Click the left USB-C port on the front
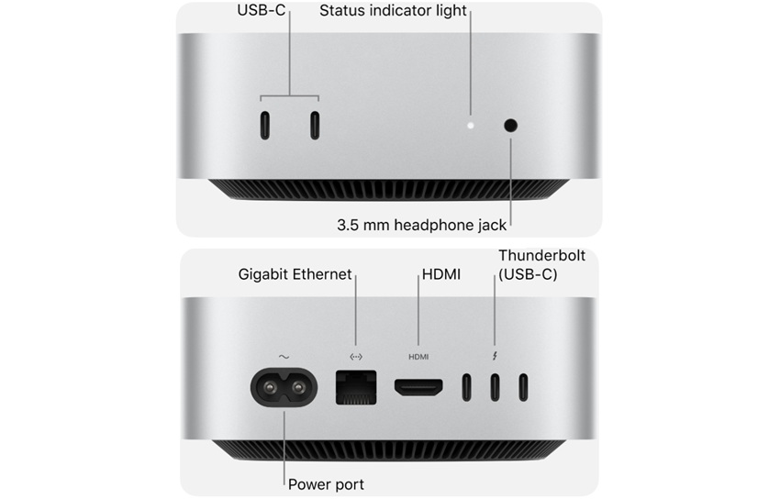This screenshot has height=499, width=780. click(264, 126)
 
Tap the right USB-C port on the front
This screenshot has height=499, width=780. click(315, 126)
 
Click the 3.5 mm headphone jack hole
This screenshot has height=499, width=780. click(510, 126)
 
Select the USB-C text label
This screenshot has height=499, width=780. click(262, 11)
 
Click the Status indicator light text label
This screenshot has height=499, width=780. click(393, 11)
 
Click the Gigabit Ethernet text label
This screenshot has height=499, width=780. click(295, 274)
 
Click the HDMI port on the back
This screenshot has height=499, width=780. click(418, 388)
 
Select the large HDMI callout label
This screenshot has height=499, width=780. click(440, 274)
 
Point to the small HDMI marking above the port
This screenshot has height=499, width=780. click(418, 357)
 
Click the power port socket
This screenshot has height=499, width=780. click(284, 387)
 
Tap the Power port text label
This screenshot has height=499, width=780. click(326, 484)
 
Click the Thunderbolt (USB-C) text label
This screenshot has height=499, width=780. click(541, 265)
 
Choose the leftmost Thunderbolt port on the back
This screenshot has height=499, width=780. click(467, 388)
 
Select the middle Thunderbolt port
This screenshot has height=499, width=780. click(496, 388)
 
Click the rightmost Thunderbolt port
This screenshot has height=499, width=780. click(524, 388)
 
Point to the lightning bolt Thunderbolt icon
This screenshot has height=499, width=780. click(496, 356)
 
